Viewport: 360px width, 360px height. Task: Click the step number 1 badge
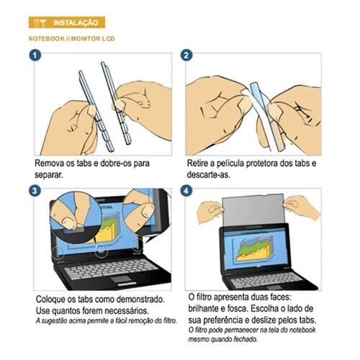tap(35, 55)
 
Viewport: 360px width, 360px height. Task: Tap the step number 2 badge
tap(186, 55)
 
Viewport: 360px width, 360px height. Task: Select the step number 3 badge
tap(35, 191)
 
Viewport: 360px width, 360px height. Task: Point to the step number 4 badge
tap(186, 192)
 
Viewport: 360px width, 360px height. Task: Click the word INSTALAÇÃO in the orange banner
tap(76, 23)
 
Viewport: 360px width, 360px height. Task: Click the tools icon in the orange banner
tap(40, 23)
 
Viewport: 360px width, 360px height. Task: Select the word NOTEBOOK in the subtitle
tap(47, 39)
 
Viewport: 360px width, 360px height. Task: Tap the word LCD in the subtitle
tap(108, 39)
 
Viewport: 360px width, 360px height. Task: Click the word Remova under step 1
tap(50, 163)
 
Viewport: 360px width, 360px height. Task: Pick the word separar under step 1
tap(49, 175)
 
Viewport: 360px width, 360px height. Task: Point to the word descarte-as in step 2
tap(208, 175)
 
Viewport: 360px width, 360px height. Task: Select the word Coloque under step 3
tap(50, 300)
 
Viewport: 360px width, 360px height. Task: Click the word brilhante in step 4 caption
tap(204, 308)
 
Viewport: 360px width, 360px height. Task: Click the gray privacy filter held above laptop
tap(253, 212)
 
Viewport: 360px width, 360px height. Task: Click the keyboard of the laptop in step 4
tap(265, 279)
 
